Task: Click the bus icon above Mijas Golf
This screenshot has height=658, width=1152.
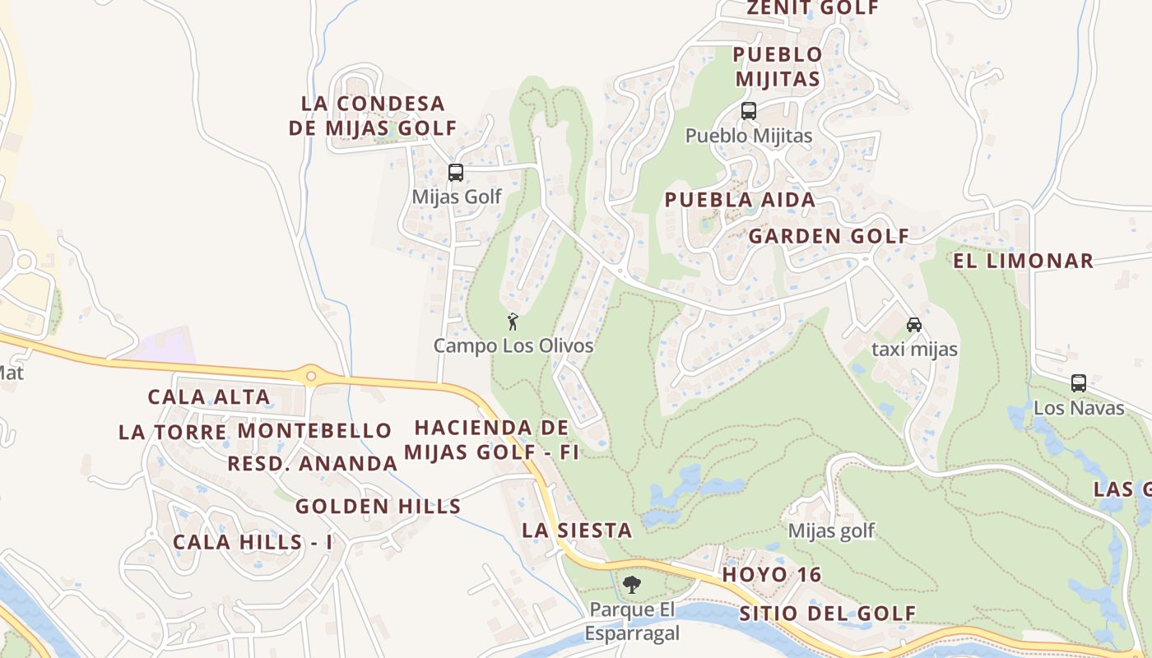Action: [455, 173]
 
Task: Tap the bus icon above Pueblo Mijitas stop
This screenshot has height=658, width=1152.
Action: [749, 111]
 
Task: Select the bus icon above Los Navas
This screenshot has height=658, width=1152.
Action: [1078, 383]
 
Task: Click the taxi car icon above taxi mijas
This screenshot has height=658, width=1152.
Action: [913, 324]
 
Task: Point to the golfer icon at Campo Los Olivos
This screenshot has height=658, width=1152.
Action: [513, 322]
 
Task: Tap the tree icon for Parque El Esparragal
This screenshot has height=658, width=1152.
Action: [632, 585]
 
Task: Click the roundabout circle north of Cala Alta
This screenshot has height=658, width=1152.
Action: [311, 376]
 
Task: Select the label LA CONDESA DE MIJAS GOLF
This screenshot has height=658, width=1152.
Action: [373, 116]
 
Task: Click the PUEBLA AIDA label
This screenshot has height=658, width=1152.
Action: [740, 200]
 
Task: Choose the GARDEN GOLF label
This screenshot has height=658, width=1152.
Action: [829, 237]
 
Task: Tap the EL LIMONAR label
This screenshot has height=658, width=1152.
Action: [1024, 262]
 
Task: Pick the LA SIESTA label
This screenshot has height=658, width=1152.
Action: [577, 531]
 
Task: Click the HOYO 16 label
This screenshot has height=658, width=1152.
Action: [772, 575]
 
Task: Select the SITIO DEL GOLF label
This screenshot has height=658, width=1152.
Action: [827, 614]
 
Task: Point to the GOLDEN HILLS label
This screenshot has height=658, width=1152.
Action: [379, 507]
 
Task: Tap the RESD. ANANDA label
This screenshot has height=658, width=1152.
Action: [313, 464]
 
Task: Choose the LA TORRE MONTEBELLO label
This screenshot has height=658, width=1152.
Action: [255, 431]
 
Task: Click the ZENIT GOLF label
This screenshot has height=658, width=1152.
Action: [812, 8]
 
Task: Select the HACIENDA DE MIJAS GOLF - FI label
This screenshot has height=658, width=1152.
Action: [491, 440]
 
